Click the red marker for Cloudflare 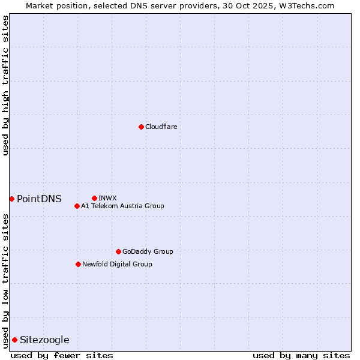coord(141,127)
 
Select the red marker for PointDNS coord(11,199)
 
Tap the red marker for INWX coord(94,198)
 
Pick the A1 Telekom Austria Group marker coord(77,206)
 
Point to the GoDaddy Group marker coord(118,251)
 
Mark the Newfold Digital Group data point coord(78,264)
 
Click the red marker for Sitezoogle coord(14,340)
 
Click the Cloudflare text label coord(161,127)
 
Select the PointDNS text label coord(39,199)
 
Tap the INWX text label coord(107,198)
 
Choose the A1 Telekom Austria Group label coord(122,206)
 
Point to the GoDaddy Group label coord(148,251)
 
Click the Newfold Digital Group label coord(117,264)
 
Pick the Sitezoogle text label coord(44,340)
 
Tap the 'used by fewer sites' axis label coord(62,355)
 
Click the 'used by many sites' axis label coord(301,355)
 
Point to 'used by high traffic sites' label coord(5,85)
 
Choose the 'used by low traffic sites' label coord(5,281)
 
